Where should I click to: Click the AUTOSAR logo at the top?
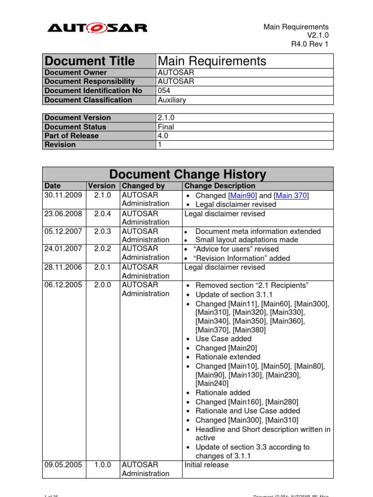coord(97,28)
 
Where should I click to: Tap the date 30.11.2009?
coord(63,195)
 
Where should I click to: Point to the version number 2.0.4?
coord(102,214)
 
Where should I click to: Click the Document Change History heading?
coord(187,174)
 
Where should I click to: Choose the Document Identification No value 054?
coord(164,91)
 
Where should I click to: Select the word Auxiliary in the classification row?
coord(172,100)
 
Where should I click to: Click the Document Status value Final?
coord(166,127)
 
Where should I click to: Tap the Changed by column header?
coord(143,186)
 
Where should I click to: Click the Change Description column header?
coord(220,186)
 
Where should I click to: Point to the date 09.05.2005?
coord(63,465)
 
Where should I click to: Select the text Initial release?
coord(206,465)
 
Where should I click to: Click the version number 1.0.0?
coord(102,465)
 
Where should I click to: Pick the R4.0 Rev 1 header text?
coord(310,44)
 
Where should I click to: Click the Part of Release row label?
coord(71,136)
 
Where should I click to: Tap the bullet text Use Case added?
coord(223,339)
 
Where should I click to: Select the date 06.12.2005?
coord(63,285)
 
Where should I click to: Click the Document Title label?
coord(90,61)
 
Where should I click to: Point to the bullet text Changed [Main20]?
coord(226,348)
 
